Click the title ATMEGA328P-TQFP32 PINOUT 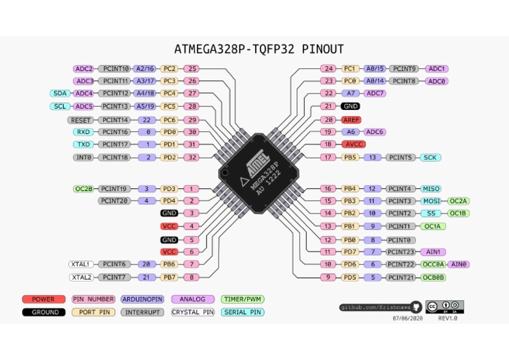pyautogui.click(x=258, y=49)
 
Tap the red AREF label pyautogui.click(x=351, y=119)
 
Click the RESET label pyautogui.click(x=81, y=120)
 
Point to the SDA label pyautogui.click(x=60, y=93)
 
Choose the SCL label pyautogui.click(x=60, y=106)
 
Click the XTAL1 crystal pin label pyautogui.click(x=82, y=264)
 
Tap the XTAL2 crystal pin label pyautogui.click(x=82, y=277)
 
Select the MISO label pyautogui.click(x=431, y=189)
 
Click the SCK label pyautogui.click(x=430, y=157)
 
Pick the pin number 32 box pyautogui.click(x=192, y=157)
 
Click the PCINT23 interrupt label pyautogui.click(x=401, y=252)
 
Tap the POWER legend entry pyautogui.click(x=44, y=299)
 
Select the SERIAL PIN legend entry pyautogui.click(x=243, y=312)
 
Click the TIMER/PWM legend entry pyautogui.click(x=243, y=299)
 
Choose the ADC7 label pyautogui.click(x=375, y=93)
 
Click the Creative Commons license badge pyautogui.click(x=444, y=306)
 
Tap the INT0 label pyautogui.click(x=83, y=157)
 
